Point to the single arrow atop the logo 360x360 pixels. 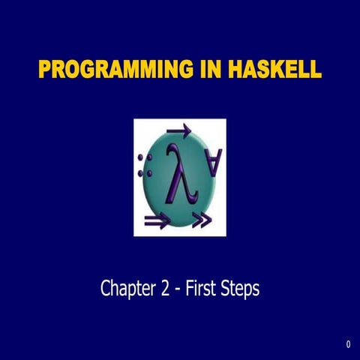pyautogui.click(x=179, y=132)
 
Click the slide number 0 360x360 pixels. pyautogui.click(x=349, y=345)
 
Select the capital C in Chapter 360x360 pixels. pyautogui.click(x=106, y=289)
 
